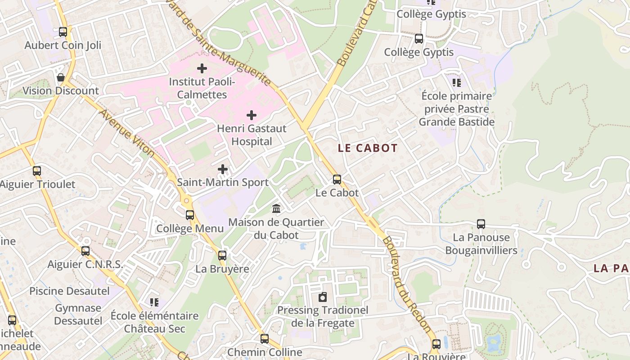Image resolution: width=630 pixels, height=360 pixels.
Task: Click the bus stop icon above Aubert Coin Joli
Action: (63, 32)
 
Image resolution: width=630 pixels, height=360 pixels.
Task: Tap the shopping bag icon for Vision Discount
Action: (61, 78)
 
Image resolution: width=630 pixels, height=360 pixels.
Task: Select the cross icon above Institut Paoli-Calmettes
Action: (202, 68)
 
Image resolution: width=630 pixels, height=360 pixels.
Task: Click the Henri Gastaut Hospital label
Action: (252, 135)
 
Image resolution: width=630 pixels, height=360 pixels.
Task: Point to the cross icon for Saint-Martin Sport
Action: (223, 169)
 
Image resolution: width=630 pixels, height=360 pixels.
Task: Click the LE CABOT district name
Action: (368, 148)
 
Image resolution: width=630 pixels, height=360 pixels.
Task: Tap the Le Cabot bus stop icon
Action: (337, 180)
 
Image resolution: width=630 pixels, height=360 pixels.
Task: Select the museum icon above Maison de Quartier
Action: (276, 209)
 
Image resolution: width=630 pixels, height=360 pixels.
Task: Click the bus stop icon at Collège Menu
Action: (190, 215)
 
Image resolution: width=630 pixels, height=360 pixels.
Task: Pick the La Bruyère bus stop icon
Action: (222, 256)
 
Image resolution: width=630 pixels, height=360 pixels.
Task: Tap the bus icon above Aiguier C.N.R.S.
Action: (85, 251)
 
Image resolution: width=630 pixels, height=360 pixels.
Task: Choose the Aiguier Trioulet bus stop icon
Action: (37, 171)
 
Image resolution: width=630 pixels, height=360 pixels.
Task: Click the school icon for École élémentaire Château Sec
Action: (154, 302)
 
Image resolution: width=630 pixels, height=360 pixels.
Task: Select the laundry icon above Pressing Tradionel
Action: (323, 297)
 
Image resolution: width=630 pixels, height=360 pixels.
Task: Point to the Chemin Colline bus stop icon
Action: (265, 339)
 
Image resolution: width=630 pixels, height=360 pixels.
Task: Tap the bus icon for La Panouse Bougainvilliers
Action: (481, 224)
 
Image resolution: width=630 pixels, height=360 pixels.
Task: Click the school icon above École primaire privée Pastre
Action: (457, 83)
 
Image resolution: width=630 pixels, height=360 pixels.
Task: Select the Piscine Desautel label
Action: (69, 291)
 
